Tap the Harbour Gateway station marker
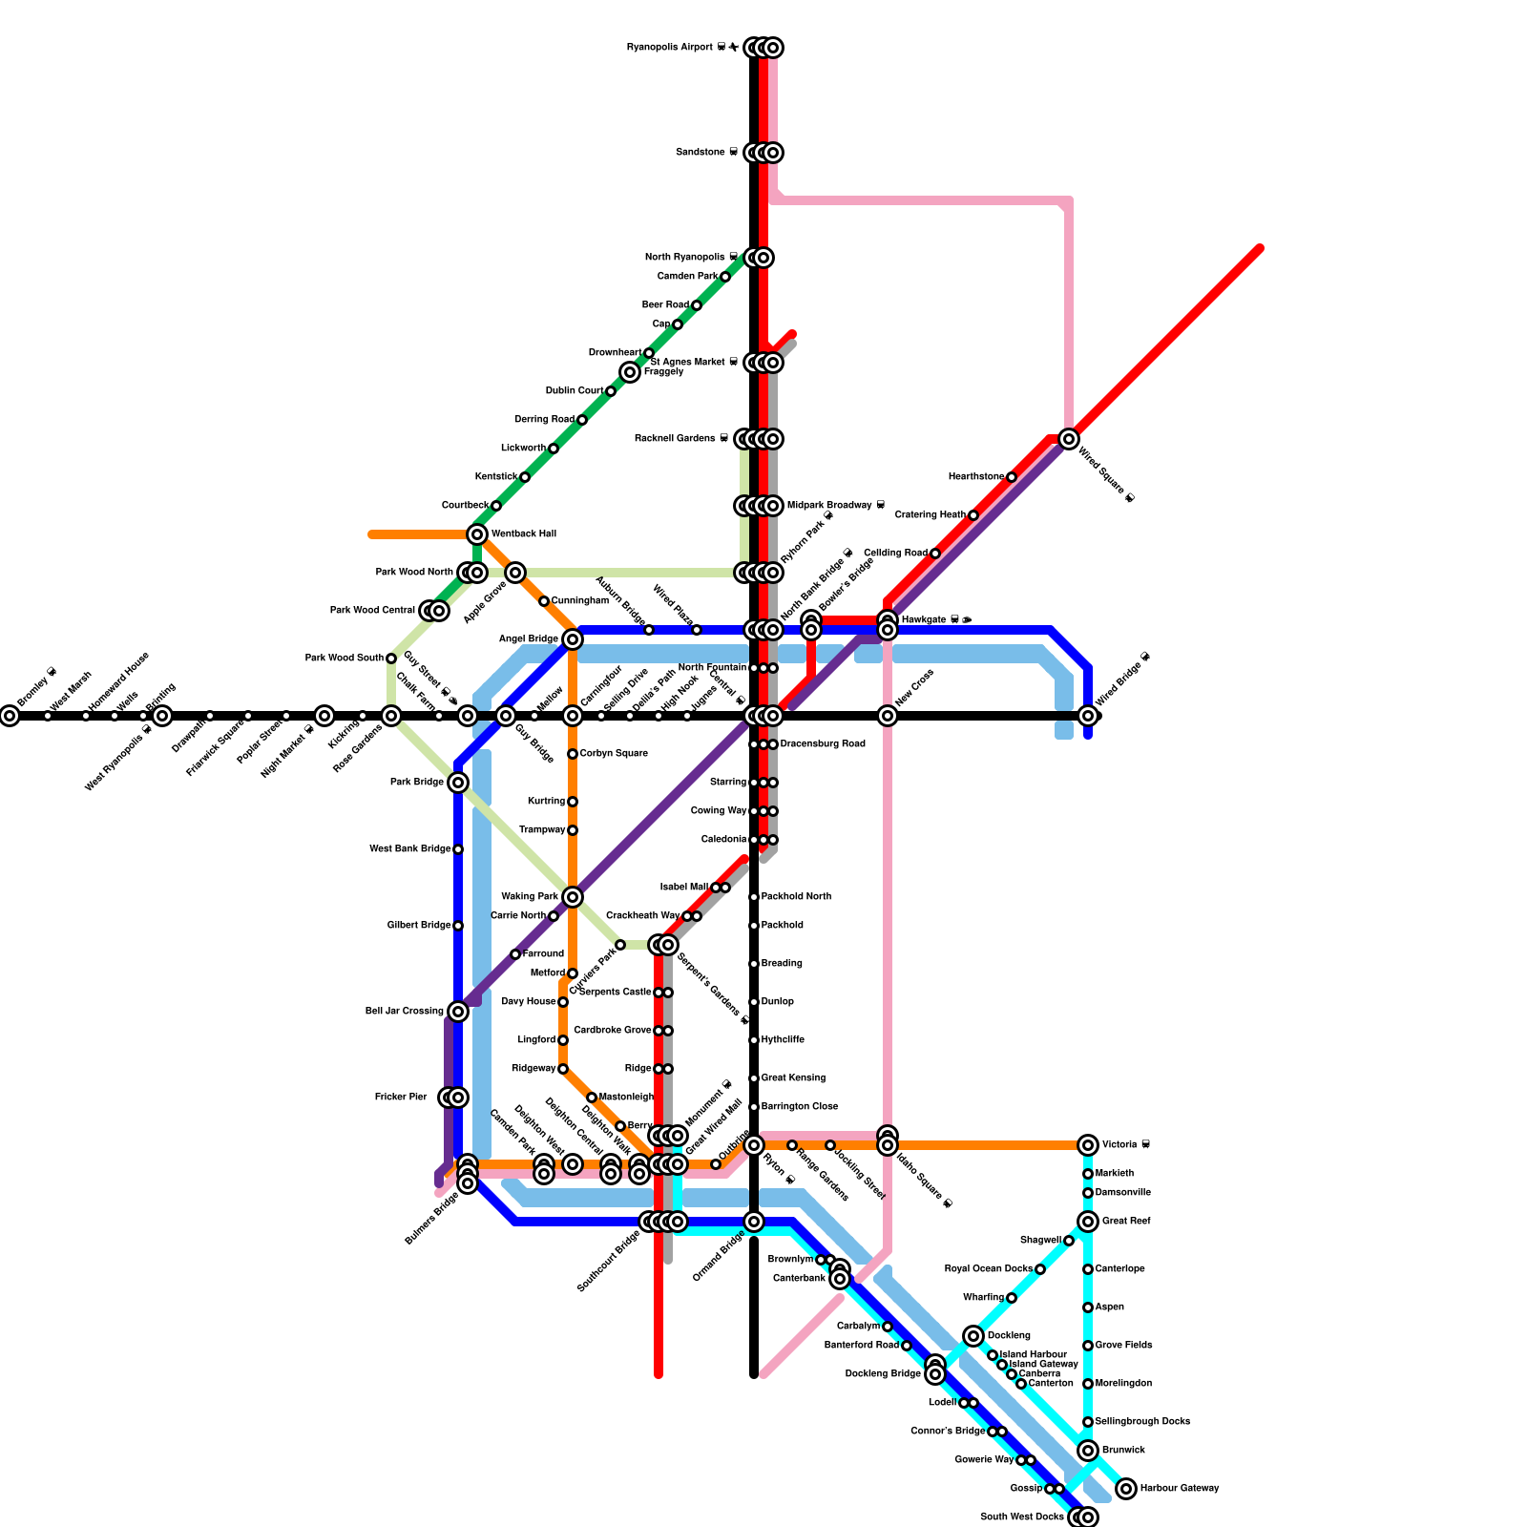(1126, 1489)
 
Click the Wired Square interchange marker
(1069, 439)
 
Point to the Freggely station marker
(630, 372)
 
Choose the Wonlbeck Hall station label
(524, 534)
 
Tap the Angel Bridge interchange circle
(573, 639)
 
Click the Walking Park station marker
(573, 897)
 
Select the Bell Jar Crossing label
(405, 1012)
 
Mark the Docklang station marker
(973, 1336)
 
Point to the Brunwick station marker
(1088, 1451)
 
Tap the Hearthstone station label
(976, 477)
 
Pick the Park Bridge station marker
(458, 783)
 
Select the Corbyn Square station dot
(573, 754)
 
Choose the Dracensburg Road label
(823, 744)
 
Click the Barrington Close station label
(800, 1107)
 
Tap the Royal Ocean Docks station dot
(1040, 1269)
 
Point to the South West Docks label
(1022, 1517)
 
